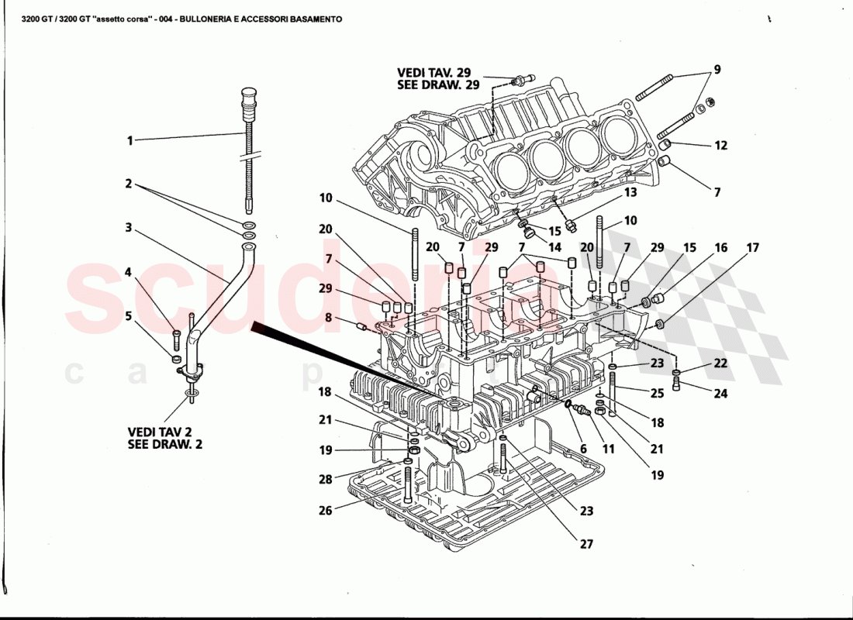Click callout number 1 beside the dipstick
[130, 141]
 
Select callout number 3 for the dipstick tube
[130, 229]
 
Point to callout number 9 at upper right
[717, 70]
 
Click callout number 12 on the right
[721, 145]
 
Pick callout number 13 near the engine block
[630, 191]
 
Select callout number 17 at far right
[753, 249]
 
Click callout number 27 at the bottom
[585, 545]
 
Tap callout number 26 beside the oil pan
[326, 511]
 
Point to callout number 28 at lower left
[326, 480]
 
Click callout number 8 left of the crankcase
[330, 318]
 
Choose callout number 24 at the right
[721, 394]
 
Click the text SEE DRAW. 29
[439, 84]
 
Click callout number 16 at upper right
[721, 249]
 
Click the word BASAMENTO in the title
[308, 19]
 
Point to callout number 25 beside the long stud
[658, 394]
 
